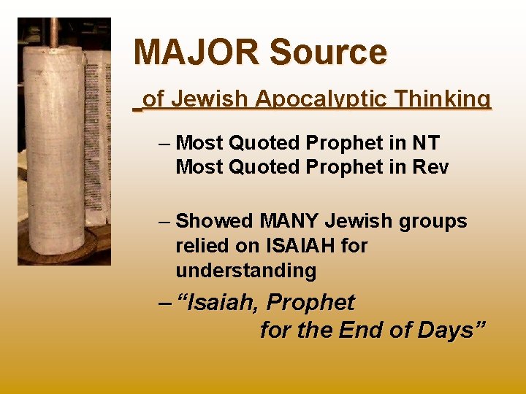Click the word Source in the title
pos(328,53)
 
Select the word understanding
pos(245,271)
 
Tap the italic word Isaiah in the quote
pos(224,303)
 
